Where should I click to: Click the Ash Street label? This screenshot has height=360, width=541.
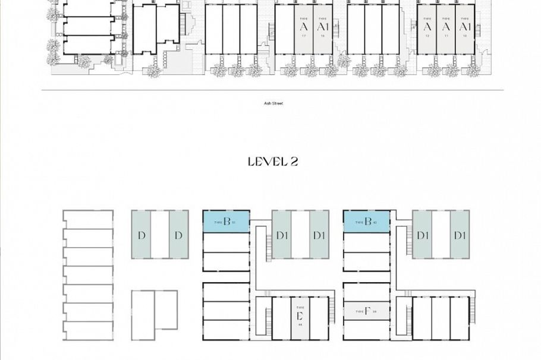pyautogui.click(x=273, y=103)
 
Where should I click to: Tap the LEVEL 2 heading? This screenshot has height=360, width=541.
pyautogui.click(x=272, y=162)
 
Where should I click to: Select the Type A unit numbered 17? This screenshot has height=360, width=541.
pyautogui.click(x=304, y=30)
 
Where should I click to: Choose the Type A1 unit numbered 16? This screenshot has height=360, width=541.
pyautogui.click(x=322, y=30)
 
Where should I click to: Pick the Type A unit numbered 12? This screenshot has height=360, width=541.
pyautogui.click(x=427, y=30)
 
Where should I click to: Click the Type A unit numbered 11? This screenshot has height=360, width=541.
pyautogui.click(x=446, y=30)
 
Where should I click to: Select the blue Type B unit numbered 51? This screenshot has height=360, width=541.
pyautogui.click(x=226, y=222)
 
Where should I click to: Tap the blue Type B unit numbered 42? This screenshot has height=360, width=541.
pyautogui.click(x=366, y=222)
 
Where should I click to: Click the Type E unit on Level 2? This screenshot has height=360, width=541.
pyautogui.click(x=300, y=318)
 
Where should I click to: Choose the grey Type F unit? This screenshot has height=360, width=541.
pyautogui.click(x=366, y=311)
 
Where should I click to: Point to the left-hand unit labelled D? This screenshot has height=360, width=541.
pyautogui.click(x=141, y=234)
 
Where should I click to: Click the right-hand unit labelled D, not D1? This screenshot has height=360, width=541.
pyautogui.click(x=178, y=234)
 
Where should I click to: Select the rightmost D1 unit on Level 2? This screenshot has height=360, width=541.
pyautogui.click(x=460, y=234)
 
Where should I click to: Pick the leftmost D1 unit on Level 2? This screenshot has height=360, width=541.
pyautogui.click(x=282, y=234)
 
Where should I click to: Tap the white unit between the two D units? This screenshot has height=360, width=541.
pyautogui.click(x=159, y=234)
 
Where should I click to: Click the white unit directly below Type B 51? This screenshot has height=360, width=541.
pyautogui.click(x=226, y=242)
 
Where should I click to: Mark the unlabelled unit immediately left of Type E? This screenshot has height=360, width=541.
pyautogui.click(x=281, y=318)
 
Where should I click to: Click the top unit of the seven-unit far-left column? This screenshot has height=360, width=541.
pyautogui.click(x=88, y=219)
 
